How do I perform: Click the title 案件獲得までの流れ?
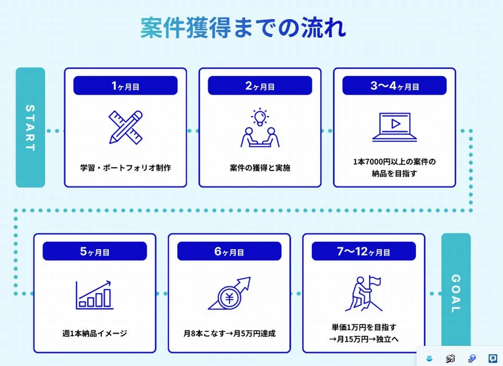point(243,28)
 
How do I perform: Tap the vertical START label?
point(30,127)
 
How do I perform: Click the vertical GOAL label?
point(456,293)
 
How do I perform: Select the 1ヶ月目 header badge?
point(125,86)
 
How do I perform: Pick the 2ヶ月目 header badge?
point(260,86)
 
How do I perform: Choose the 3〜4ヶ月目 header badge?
point(394,86)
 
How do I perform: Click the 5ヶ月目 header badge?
point(95,251)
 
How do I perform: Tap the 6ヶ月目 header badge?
point(229,251)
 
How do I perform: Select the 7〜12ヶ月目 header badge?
point(364,251)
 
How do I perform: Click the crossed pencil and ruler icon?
point(125,127)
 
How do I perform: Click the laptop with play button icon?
point(394,127)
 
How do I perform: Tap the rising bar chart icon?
point(95,295)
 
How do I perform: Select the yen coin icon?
point(229,298)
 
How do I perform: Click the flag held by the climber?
point(375,282)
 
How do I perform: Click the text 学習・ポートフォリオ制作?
point(125,168)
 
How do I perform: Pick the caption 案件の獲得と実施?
point(260,168)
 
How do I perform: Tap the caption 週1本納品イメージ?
point(95,333)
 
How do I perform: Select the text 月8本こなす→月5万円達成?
point(229,333)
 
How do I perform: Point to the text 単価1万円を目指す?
point(364,327)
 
